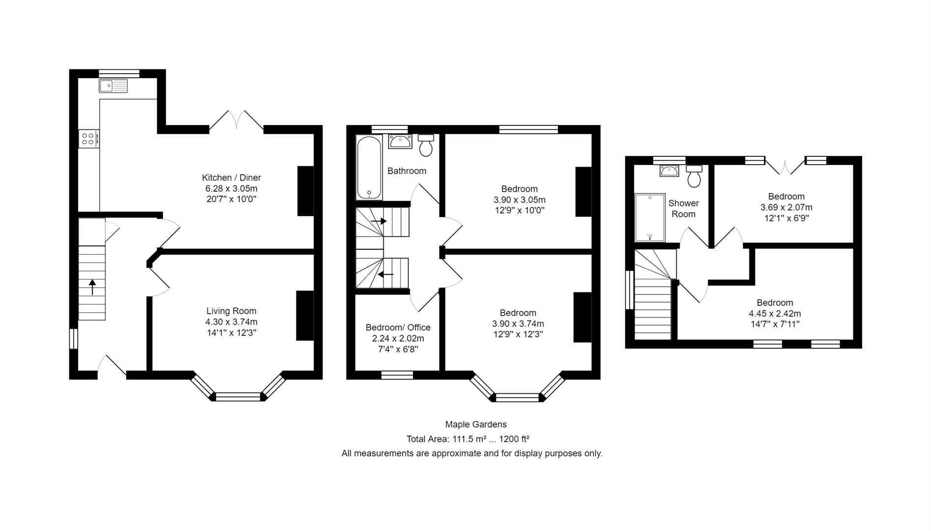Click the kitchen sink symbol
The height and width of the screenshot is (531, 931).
click(113, 86)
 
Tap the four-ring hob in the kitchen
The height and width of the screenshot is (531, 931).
click(88, 139)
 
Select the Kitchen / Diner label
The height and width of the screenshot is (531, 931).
click(231, 177)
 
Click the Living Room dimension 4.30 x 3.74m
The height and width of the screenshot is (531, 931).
click(231, 322)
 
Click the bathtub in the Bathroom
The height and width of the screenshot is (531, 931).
click(369, 167)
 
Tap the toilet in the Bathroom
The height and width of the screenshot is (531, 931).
click(426, 145)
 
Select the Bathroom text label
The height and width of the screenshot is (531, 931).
click(407, 171)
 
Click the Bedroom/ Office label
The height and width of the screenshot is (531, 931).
click(398, 327)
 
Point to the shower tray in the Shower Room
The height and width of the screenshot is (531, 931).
click(650, 217)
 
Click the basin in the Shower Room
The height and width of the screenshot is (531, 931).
click(669, 171)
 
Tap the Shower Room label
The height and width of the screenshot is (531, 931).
click(683, 208)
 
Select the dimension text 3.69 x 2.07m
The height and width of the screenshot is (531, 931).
click(786, 207)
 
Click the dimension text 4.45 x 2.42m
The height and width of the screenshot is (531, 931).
click(775, 314)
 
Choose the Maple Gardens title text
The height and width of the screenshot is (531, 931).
click(475, 424)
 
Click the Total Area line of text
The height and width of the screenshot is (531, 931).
click(467, 439)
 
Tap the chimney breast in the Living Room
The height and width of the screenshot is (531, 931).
click(305, 316)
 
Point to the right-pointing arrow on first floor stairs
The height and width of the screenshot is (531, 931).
click(379, 222)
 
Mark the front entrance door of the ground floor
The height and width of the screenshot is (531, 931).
click(112, 367)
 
